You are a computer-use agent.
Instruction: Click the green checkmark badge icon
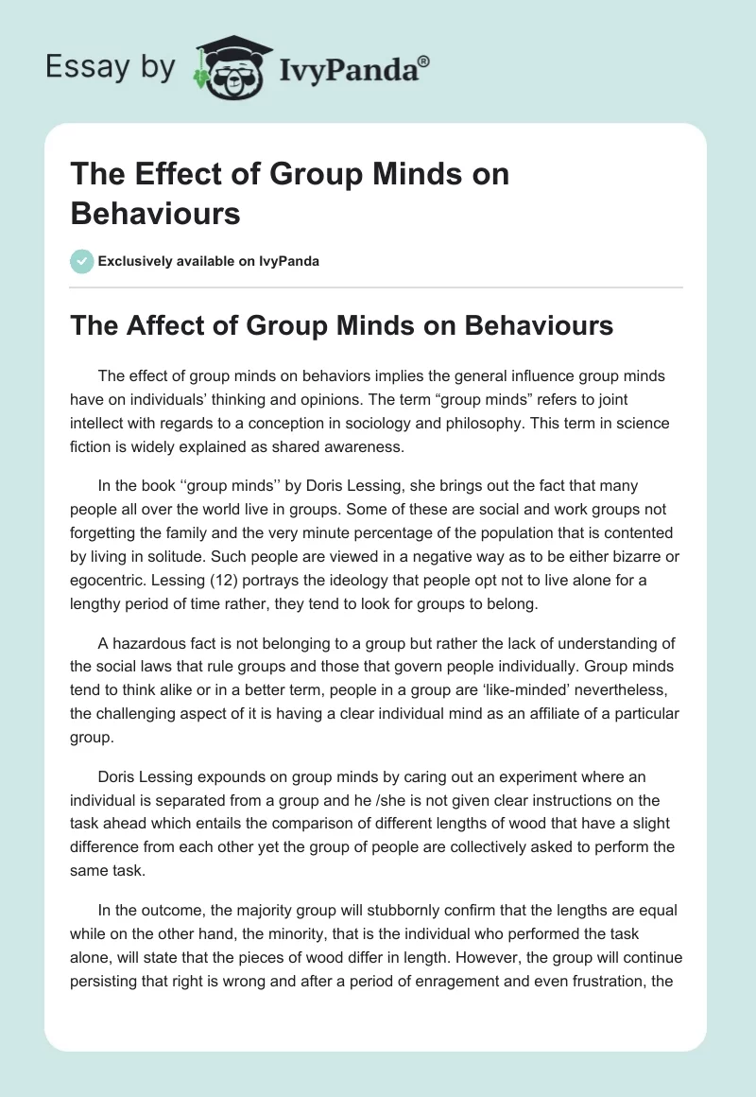[82, 261]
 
